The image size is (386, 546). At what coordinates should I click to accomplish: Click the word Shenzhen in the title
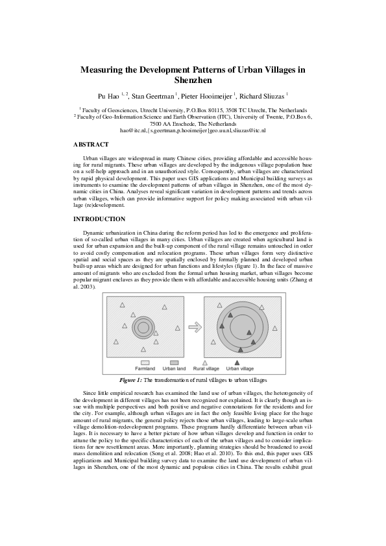click(x=193, y=80)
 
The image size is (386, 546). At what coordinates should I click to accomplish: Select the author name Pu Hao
click(x=109, y=96)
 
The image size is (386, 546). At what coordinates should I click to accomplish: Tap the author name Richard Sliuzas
click(x=263, y=96)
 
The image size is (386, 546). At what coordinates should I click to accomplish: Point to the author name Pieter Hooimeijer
click(x=206, y=96)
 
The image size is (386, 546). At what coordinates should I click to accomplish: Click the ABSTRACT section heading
click(x=91, y=144)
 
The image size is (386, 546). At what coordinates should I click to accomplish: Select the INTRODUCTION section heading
click(x=99, y=219)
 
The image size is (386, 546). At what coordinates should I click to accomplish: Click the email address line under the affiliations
click(x=193, y=130)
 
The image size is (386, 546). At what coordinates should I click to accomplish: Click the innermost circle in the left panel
click(x=142, y=327)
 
